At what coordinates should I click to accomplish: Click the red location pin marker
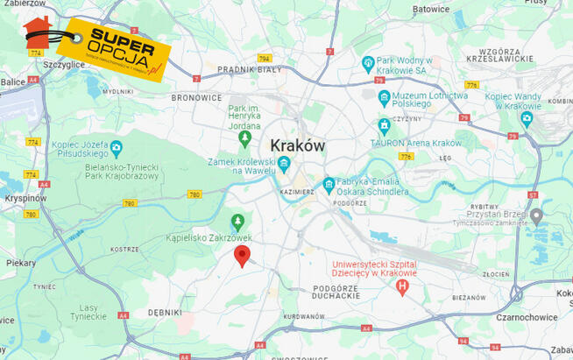coord(243,255)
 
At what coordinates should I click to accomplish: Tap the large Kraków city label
coord(297,145)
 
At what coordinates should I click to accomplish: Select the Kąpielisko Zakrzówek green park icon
coord(237,221)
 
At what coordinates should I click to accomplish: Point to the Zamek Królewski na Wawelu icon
coord(284,164)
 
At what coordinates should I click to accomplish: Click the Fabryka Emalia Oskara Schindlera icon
coord(329,185)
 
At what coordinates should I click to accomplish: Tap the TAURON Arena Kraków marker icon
coord(384,126)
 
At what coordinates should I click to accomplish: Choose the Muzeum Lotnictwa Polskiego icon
coord(384,97)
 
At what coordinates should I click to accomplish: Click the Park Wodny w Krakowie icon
coord(369,63)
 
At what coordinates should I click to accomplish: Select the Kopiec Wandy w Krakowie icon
coord(527,118)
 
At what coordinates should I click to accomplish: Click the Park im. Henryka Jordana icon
coord(244,138)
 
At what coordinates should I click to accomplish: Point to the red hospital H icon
coord(402,286)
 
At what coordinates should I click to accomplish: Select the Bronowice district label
coord(196,97)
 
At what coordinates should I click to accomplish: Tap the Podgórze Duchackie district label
coord(335,292)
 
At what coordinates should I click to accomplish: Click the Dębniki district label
coord(165,312)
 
